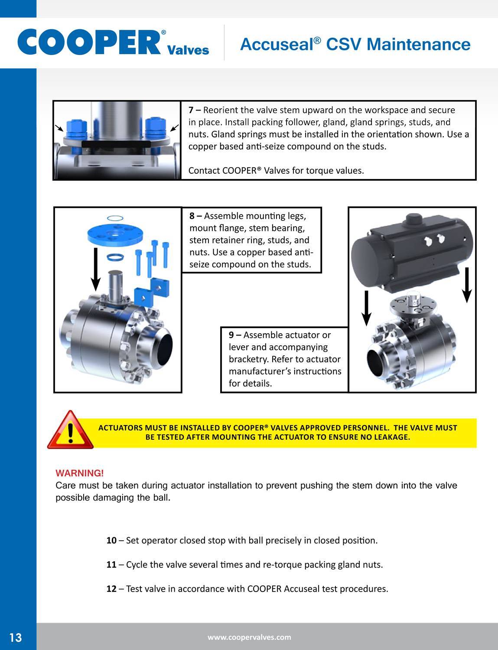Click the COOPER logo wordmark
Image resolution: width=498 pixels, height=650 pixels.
[89, 42]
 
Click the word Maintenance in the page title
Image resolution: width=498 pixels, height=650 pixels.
[418, 44]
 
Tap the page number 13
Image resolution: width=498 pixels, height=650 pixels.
[16, 637]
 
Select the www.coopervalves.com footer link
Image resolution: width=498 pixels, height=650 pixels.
[249, 637]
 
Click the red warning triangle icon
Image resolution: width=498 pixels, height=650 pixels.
[70, 430]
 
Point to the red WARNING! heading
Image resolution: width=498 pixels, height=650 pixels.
[80, 473]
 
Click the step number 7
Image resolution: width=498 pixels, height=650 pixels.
[191, 110]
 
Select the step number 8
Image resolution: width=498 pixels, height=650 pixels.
[192, 216]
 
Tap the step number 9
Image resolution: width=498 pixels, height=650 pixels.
[231, 335]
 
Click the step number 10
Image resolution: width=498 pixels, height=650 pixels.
[111, 540]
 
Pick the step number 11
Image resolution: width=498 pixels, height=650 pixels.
[111, 565]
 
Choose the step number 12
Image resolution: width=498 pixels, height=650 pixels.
[111, 589]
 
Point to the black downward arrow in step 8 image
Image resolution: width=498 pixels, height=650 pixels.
[96, 269]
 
